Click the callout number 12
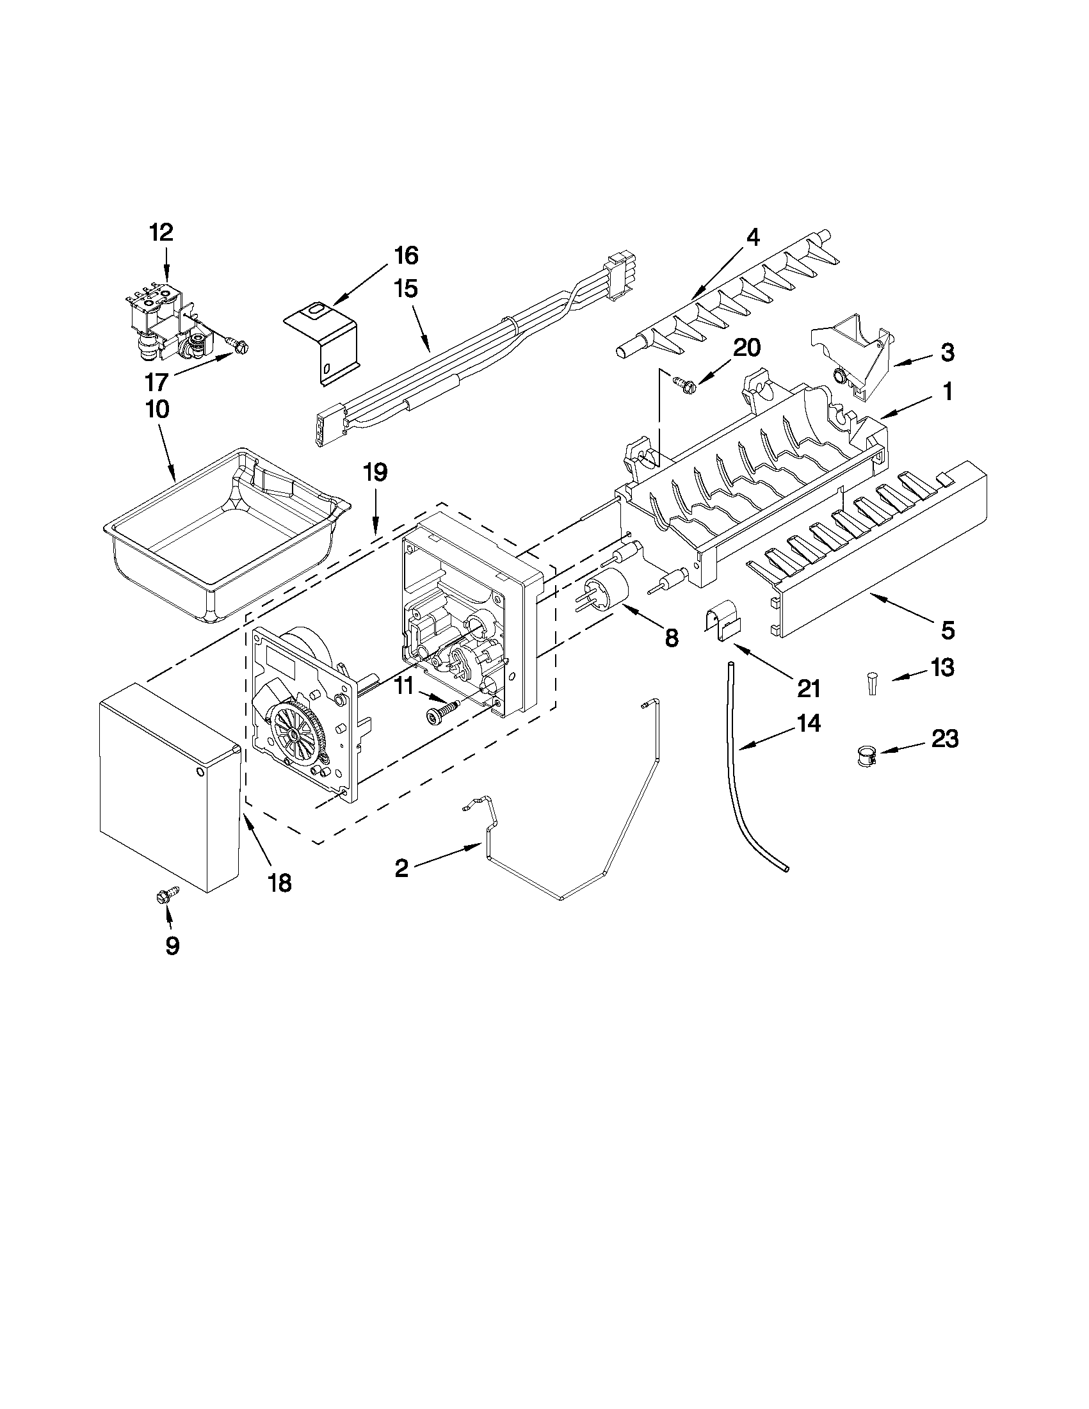point(161,232)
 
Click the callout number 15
point(406,288)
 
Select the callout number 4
point(752,237)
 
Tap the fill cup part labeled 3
point(851,351)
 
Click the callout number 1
point(947,392)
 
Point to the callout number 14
point(808,723)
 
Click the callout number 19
point(375,472)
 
